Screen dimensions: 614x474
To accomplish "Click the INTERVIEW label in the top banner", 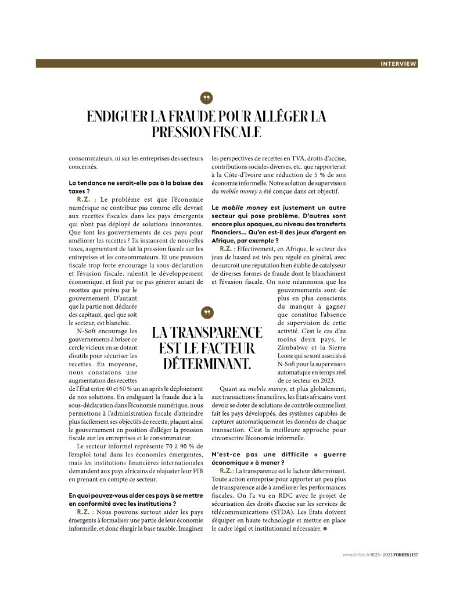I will pos(398,64).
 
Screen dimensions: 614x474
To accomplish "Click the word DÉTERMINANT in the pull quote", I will pos(206,364).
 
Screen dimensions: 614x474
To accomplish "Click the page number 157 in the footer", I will pos(414,554).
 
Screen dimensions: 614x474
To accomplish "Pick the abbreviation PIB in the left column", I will pos(195,471).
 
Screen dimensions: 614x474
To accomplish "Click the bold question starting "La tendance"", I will pos(135,187).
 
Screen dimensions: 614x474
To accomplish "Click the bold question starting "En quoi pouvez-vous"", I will pos(135,499).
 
